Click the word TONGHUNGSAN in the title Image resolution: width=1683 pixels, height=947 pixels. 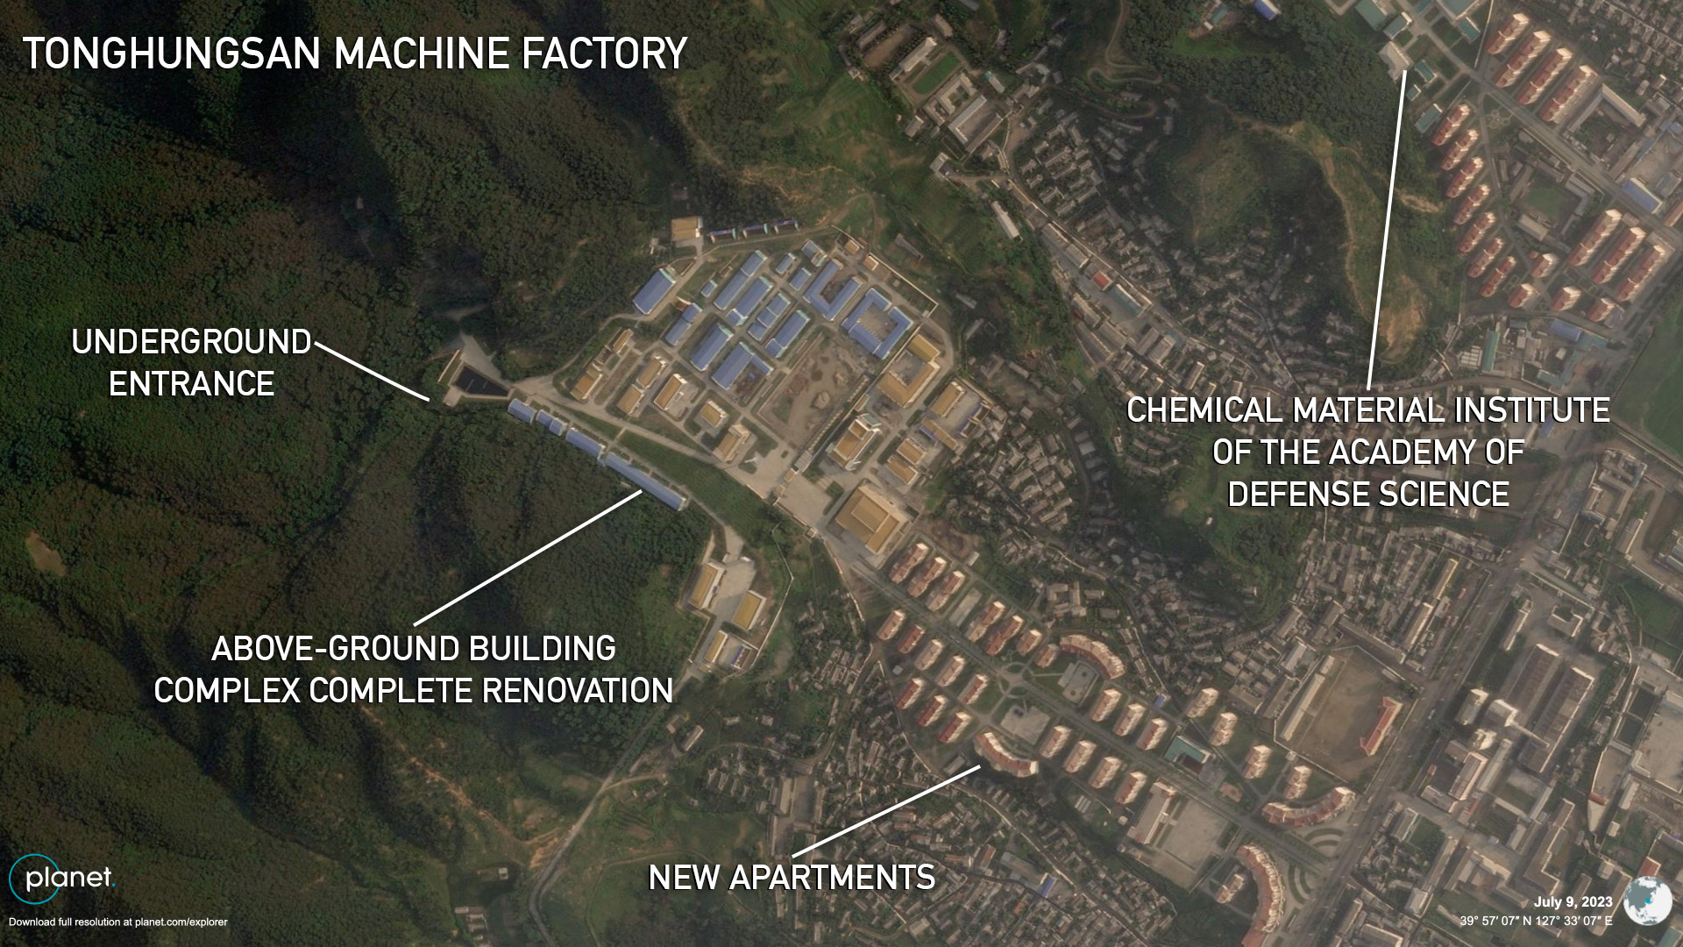[x=172, y=53]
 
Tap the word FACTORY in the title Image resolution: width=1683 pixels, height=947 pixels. [x=604, y=53]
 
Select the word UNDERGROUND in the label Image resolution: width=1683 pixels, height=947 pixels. [x=191, y=342]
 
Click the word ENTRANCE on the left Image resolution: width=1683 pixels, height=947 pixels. [x=191, y=384]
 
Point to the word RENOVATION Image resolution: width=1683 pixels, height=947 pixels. [x=578, y=691]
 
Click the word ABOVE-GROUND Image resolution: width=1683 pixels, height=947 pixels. [x=337, y=649]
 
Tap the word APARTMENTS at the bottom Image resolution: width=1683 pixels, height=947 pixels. [x=832, y=878]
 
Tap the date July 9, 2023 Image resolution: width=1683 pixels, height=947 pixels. [x=1573, y=902]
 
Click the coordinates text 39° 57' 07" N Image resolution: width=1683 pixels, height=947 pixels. [x=1500, y=922]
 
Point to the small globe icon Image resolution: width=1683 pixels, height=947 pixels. [x=1648, y=900]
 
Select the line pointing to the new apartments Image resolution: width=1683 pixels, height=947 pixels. [x=886, y=811]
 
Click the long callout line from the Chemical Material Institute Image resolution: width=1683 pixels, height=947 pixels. [x=1386, y=229]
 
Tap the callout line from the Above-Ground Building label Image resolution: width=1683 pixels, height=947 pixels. [x=528, y=557]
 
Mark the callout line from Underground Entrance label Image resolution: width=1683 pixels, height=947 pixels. [x=372, y=372]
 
